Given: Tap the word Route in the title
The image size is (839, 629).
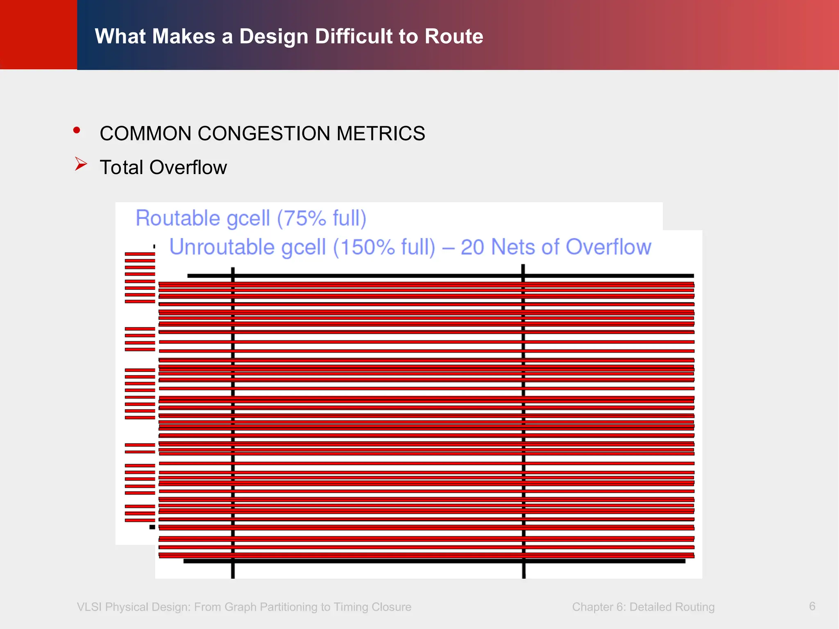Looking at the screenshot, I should [454, 36].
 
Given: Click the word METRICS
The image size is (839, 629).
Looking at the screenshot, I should [381, 133].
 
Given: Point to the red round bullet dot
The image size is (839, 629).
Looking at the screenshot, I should [77, 131].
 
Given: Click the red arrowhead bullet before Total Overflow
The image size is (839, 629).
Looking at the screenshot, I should [81, 164].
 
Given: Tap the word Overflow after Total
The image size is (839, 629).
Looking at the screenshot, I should [188, 167].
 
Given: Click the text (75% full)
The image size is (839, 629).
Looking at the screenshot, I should [322, 218].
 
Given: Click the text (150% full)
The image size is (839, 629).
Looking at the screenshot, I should [384, 247].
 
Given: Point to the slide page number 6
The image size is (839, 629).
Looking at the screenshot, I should [812, 606].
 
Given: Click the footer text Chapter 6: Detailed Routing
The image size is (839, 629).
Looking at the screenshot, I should [643, 607].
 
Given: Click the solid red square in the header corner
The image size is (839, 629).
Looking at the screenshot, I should [39, 34].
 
